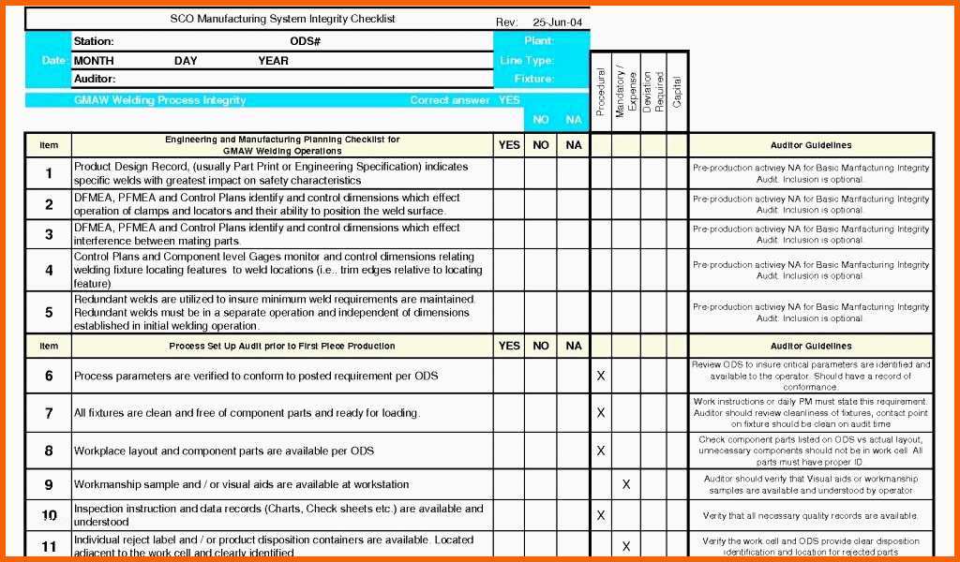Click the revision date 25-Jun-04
558,22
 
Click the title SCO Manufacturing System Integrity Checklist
282,19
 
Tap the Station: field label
94,41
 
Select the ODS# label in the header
306,41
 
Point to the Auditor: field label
95,80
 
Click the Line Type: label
527,61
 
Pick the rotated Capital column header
678,90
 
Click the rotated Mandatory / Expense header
625,92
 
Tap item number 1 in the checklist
49,173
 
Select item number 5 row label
49,312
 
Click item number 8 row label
49,451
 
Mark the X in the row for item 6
601,376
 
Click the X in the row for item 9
626,484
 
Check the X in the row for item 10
601,514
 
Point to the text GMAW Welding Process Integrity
159,100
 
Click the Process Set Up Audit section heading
282,346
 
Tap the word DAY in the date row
186,61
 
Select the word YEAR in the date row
274,61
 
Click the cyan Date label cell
52,61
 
